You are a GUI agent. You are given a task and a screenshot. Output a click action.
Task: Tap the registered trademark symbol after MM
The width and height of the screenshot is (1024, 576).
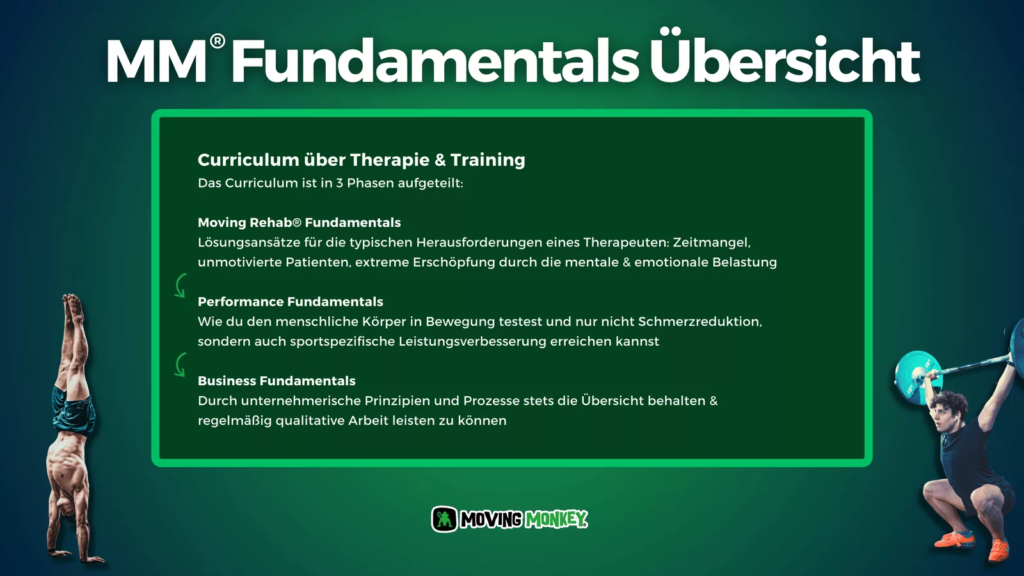pos(218,42)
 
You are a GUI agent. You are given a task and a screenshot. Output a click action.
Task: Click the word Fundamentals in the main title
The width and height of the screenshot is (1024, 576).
pos(436,60)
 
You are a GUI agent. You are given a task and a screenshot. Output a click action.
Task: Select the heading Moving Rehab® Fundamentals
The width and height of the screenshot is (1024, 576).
pos(299,223)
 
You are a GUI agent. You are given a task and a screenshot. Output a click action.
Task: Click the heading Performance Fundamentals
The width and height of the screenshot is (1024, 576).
pos(291,301)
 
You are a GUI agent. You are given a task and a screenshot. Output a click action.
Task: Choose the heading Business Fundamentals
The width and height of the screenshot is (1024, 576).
pos(276,381)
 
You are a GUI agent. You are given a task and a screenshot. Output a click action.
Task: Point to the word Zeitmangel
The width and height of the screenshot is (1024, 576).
pos(711,243)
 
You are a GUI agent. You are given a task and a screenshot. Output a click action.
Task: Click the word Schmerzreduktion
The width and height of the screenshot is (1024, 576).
pos(700,322)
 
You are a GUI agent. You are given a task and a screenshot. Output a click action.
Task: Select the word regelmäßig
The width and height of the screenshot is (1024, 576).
pos(234,420)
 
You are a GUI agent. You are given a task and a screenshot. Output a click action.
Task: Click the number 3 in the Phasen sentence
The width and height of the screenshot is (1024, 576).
pos(339,183)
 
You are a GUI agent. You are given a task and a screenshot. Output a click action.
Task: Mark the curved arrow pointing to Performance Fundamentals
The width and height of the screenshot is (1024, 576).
pos(180,285)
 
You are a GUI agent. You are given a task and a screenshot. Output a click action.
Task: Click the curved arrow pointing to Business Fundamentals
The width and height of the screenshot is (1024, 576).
pos(180,364)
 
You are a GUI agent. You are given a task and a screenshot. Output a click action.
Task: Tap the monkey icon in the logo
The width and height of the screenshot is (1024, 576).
pos(444,519)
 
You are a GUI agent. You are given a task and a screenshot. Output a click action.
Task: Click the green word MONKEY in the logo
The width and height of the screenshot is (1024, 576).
pos(556,519)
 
